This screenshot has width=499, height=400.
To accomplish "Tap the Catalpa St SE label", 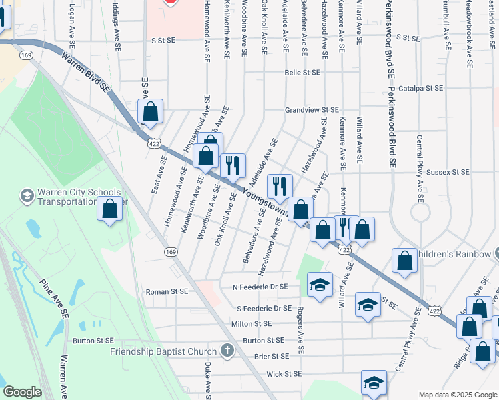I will tap(420, 88).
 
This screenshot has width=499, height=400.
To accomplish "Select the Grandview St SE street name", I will tap(312, 109).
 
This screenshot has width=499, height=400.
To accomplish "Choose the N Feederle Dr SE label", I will tap(260, 287).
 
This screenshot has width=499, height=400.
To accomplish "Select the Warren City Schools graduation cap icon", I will tap(27, 196).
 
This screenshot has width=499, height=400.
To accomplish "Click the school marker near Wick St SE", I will tap(374, 383).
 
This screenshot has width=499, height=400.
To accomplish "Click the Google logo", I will tap(22, 392).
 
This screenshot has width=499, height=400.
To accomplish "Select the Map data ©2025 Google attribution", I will tap(457, 395).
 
